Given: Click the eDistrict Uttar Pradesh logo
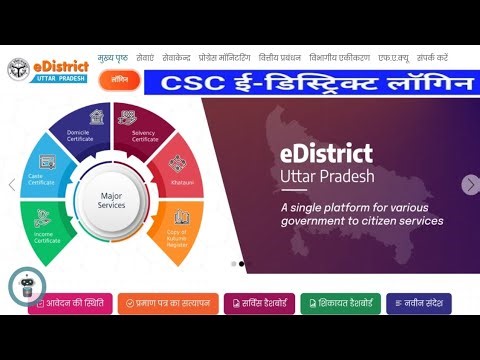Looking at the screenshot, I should (x=49, y=71).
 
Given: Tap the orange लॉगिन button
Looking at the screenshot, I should (x=119, y=78).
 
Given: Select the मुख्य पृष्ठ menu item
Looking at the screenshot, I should (x=112, y=57).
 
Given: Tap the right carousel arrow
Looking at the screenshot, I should (x=470, y=185).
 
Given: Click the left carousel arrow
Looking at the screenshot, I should (x=12, y=185).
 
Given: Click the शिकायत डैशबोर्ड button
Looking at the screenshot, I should (x=340, y=303).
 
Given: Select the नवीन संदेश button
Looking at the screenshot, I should (x=418, y=303).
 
